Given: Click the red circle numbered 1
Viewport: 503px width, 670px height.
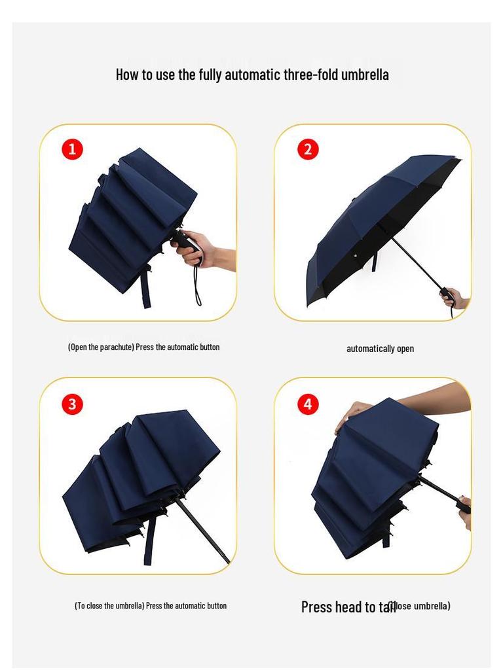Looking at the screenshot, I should click(72, 149).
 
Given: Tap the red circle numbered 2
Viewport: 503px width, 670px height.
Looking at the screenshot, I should click(308, 149).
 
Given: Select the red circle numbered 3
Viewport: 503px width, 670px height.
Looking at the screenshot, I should click(72, 404).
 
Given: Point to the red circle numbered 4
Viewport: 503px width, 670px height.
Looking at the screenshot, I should click(308, 404).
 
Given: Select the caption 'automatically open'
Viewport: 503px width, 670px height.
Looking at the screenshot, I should click(380, 349).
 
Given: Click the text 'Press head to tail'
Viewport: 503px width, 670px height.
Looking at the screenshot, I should click(348, 607).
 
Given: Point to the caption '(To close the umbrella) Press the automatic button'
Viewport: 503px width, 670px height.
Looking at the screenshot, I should click(151, 606).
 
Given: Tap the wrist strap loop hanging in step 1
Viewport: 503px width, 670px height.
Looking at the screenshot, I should click(197, 288).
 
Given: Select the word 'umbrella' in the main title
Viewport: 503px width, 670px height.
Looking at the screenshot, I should click(365, 74).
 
